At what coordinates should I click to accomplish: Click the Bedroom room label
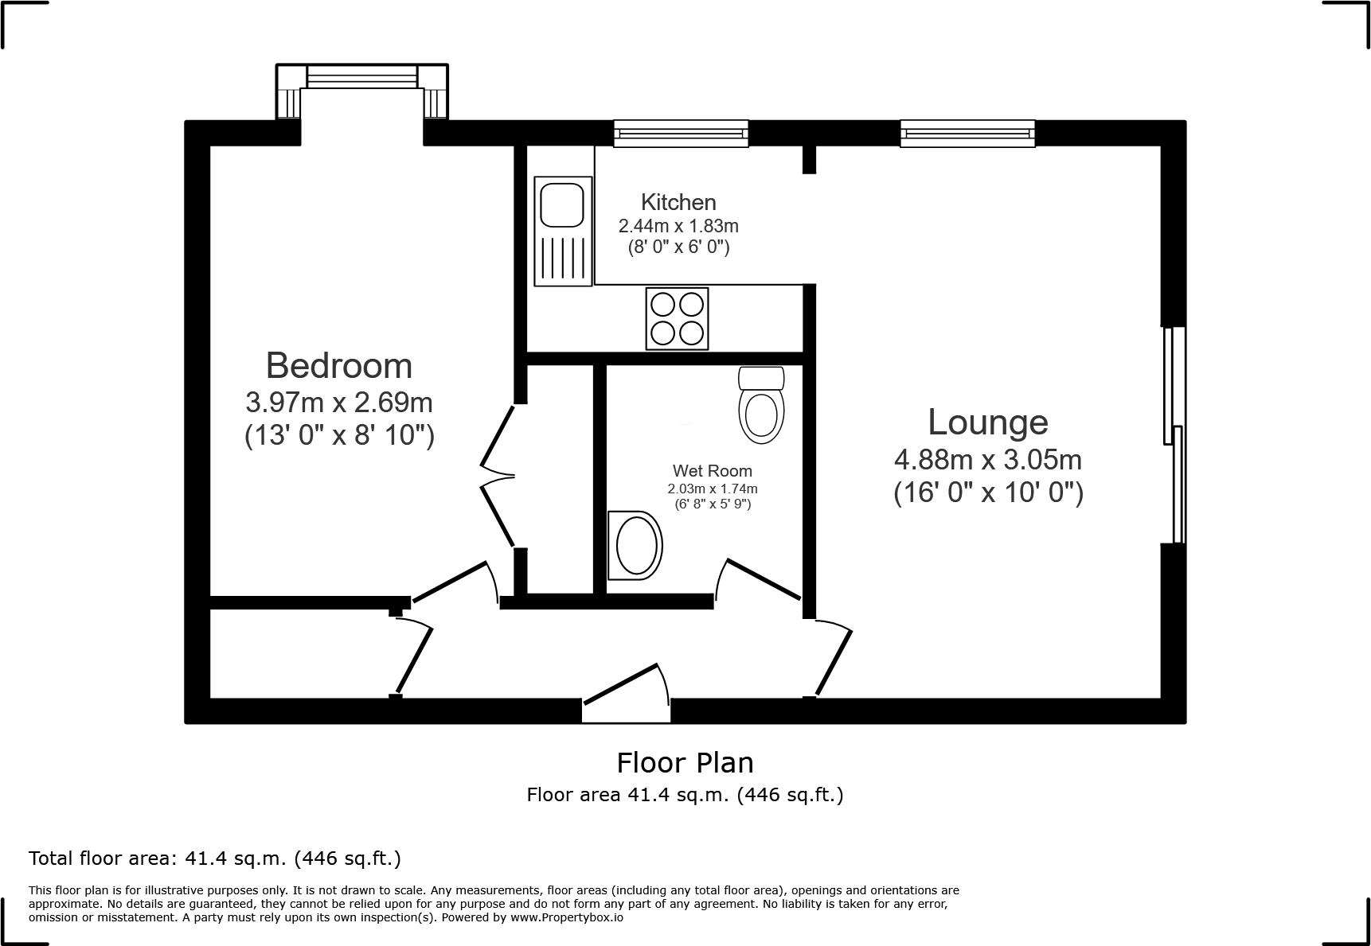pos(339,366)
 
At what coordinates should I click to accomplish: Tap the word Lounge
pos(988,422)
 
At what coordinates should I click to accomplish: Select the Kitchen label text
pos(678,202)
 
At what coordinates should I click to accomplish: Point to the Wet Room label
pos(713,471)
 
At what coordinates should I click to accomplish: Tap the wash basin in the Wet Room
pos(635,546)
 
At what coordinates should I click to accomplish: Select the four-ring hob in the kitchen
pos(677,318)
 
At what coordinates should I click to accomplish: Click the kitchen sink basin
pos(563,204)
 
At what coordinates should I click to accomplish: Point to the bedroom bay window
pos(362,76)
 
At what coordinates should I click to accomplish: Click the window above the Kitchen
pos(681,133)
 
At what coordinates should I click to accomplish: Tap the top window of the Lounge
pos(968,133)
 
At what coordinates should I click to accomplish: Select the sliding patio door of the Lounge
pos(1174,435)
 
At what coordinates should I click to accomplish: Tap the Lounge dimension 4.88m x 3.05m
pos(988,460)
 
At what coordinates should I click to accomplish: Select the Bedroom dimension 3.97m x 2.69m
pos(339,403)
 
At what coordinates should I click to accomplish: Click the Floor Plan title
pos(685,763)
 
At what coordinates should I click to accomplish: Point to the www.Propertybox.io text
pos(567,917)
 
